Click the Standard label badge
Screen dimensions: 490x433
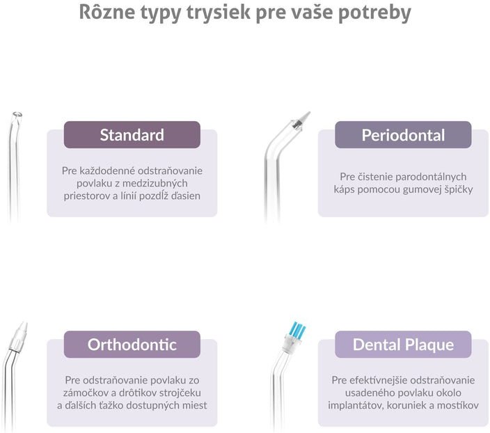pos(132,135)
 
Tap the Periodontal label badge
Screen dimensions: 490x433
pos(403,135)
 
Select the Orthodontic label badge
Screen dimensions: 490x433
pos(132,345)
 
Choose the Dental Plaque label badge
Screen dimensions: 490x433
pos(403,345)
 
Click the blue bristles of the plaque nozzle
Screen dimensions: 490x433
pos(297,330)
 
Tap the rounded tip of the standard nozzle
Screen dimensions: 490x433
pos(17,115)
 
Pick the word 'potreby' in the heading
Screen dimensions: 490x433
pos(374,13)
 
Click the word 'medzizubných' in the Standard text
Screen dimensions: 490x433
pos(155,183)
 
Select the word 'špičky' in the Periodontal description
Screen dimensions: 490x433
pos(458,189)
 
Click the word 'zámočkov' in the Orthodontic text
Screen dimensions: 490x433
pos(85,393)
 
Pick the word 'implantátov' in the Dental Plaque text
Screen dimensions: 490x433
pos(356,405)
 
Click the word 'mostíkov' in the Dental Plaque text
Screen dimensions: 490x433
pos(458,405)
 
